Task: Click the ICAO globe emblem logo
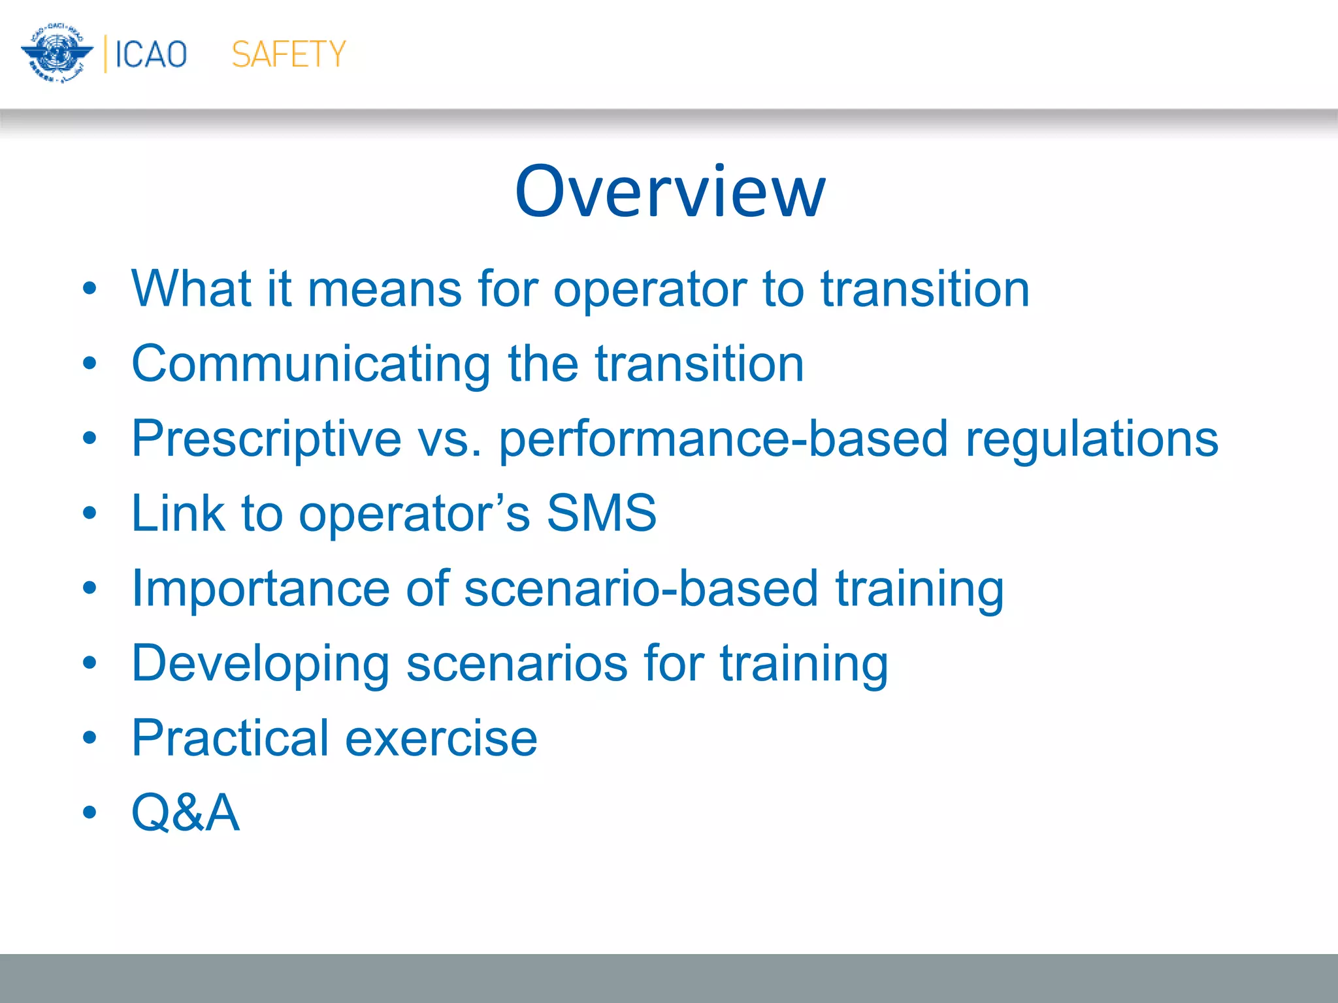click(x=57, y=54)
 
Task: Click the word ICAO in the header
click(x=151, y=54)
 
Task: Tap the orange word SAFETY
click(x=288, y=54)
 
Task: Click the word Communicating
click(x=311, y=364)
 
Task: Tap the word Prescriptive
click(x=266, y=439)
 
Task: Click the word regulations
click(x=1092, y=439)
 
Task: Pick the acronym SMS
click(x=601, y=513)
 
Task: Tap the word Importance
click(x=259, y=589)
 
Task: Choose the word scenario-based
click(x=641, y=589)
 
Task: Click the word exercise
click(x=441, y=739)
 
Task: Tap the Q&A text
click(x=186, y=813)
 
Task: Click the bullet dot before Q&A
click(x=90, y=813)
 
